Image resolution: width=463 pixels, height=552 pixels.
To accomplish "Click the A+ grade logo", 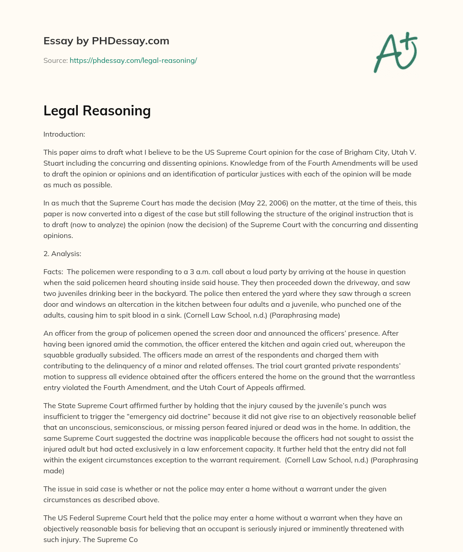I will coord(395,52).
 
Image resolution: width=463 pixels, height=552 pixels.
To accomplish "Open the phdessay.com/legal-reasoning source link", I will coord(133,60).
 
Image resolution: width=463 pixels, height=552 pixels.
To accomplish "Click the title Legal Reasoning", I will coord(97,111).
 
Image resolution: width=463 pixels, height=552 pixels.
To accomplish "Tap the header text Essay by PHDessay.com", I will coord(106,41).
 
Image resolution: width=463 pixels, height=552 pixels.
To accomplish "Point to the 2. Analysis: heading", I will coord(62,254).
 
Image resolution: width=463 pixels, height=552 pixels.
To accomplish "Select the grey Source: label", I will coord(55,60).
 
